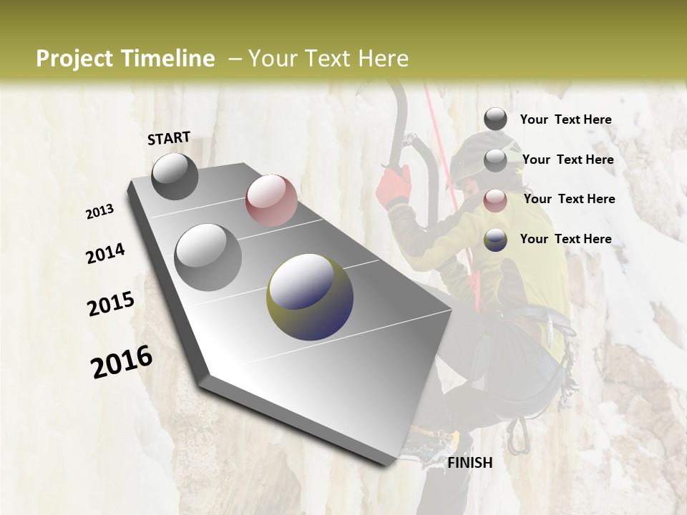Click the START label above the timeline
coord(169,138)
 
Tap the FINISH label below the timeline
coord(469,463)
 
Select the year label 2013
coord(99,212)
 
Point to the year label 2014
coord(105,253)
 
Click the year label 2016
coord(122,361)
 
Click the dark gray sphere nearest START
coord(175,176)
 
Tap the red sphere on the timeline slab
coord(271,200)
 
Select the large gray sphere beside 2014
coord(208,257)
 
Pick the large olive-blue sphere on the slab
coord(310,297)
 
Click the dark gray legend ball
coord(495,119)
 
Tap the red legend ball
coord(495,200)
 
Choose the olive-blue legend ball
coord(495,240)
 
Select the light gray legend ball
coord(495,160)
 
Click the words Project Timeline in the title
coord(125,59)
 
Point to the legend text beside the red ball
coord(569,199)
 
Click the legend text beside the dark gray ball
coord(565,119)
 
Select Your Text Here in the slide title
coord(328,59)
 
